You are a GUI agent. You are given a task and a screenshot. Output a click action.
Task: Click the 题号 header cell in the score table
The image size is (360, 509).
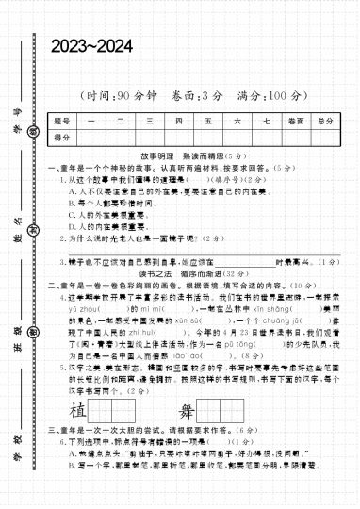click(x=62, y=122)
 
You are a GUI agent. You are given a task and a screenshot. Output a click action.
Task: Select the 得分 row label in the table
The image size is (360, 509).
click(x=62, y=138)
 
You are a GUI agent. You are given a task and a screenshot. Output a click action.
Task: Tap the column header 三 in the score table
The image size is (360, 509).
click(x=149, y=122)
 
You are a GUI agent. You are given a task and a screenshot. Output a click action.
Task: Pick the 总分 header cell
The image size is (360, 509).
click(x=325, y=122)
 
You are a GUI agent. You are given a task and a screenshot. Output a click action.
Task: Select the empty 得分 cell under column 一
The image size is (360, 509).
click(x=91, y=138)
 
